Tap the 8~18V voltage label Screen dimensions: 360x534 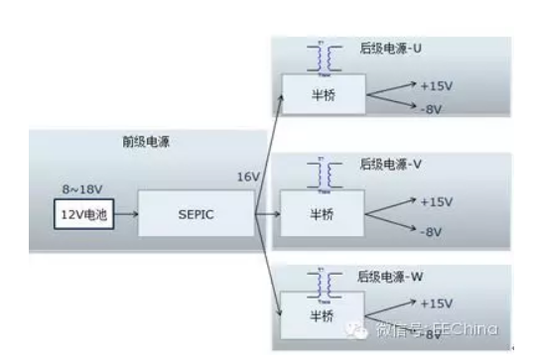(81, 186)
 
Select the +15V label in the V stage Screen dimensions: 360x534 (436, 201)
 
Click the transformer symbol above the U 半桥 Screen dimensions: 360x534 (321, 57)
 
